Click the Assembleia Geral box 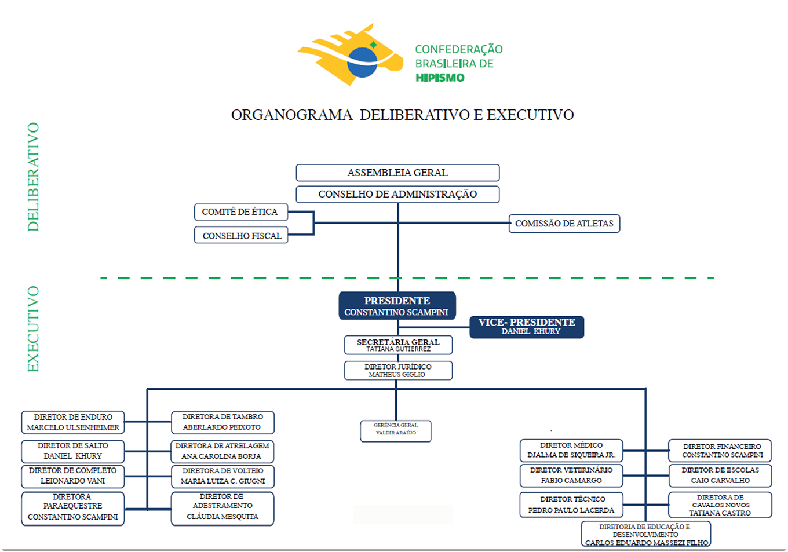397,173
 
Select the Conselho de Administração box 397,194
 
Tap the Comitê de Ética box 240,212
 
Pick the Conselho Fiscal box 241,236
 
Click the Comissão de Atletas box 564,224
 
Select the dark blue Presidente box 397,306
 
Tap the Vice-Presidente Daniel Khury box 527,327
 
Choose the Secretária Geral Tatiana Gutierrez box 398,345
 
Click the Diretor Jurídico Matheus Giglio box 398,371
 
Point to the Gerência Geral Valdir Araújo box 396,431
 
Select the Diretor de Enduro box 73,422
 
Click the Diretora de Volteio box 222,476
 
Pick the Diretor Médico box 571,450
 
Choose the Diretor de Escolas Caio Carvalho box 720,476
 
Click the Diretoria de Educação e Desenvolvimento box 645,535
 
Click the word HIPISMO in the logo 440,78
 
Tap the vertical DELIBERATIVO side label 34,177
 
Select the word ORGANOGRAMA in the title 291,115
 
